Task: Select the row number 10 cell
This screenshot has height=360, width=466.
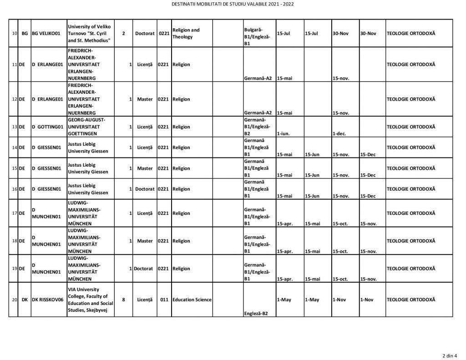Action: pyautogui.click(x=14, y=34)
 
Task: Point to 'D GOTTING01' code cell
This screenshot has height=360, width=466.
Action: pyautogui.click(x=47, y=127)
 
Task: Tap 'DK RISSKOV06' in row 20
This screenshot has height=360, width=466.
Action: pyautogui.click(x=47, y=300)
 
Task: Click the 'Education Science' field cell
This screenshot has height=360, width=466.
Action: pyautogui.click(x=192, y=300)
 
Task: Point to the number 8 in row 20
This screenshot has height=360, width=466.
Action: pyautogui.click(x=123, y=300)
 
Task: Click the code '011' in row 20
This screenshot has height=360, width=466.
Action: pyautogui.click(x=165, y=300)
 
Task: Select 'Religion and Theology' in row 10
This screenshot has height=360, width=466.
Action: pyautogui.click(x=186, y=34)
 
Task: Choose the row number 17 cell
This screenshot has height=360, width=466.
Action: pyautogui.click(x=14, y=213)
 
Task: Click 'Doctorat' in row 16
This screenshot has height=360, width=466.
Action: pyautogui.click(x=145, y=189)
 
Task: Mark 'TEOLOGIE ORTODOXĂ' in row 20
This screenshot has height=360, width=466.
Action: pyautogui.click(x=410, y=300)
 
